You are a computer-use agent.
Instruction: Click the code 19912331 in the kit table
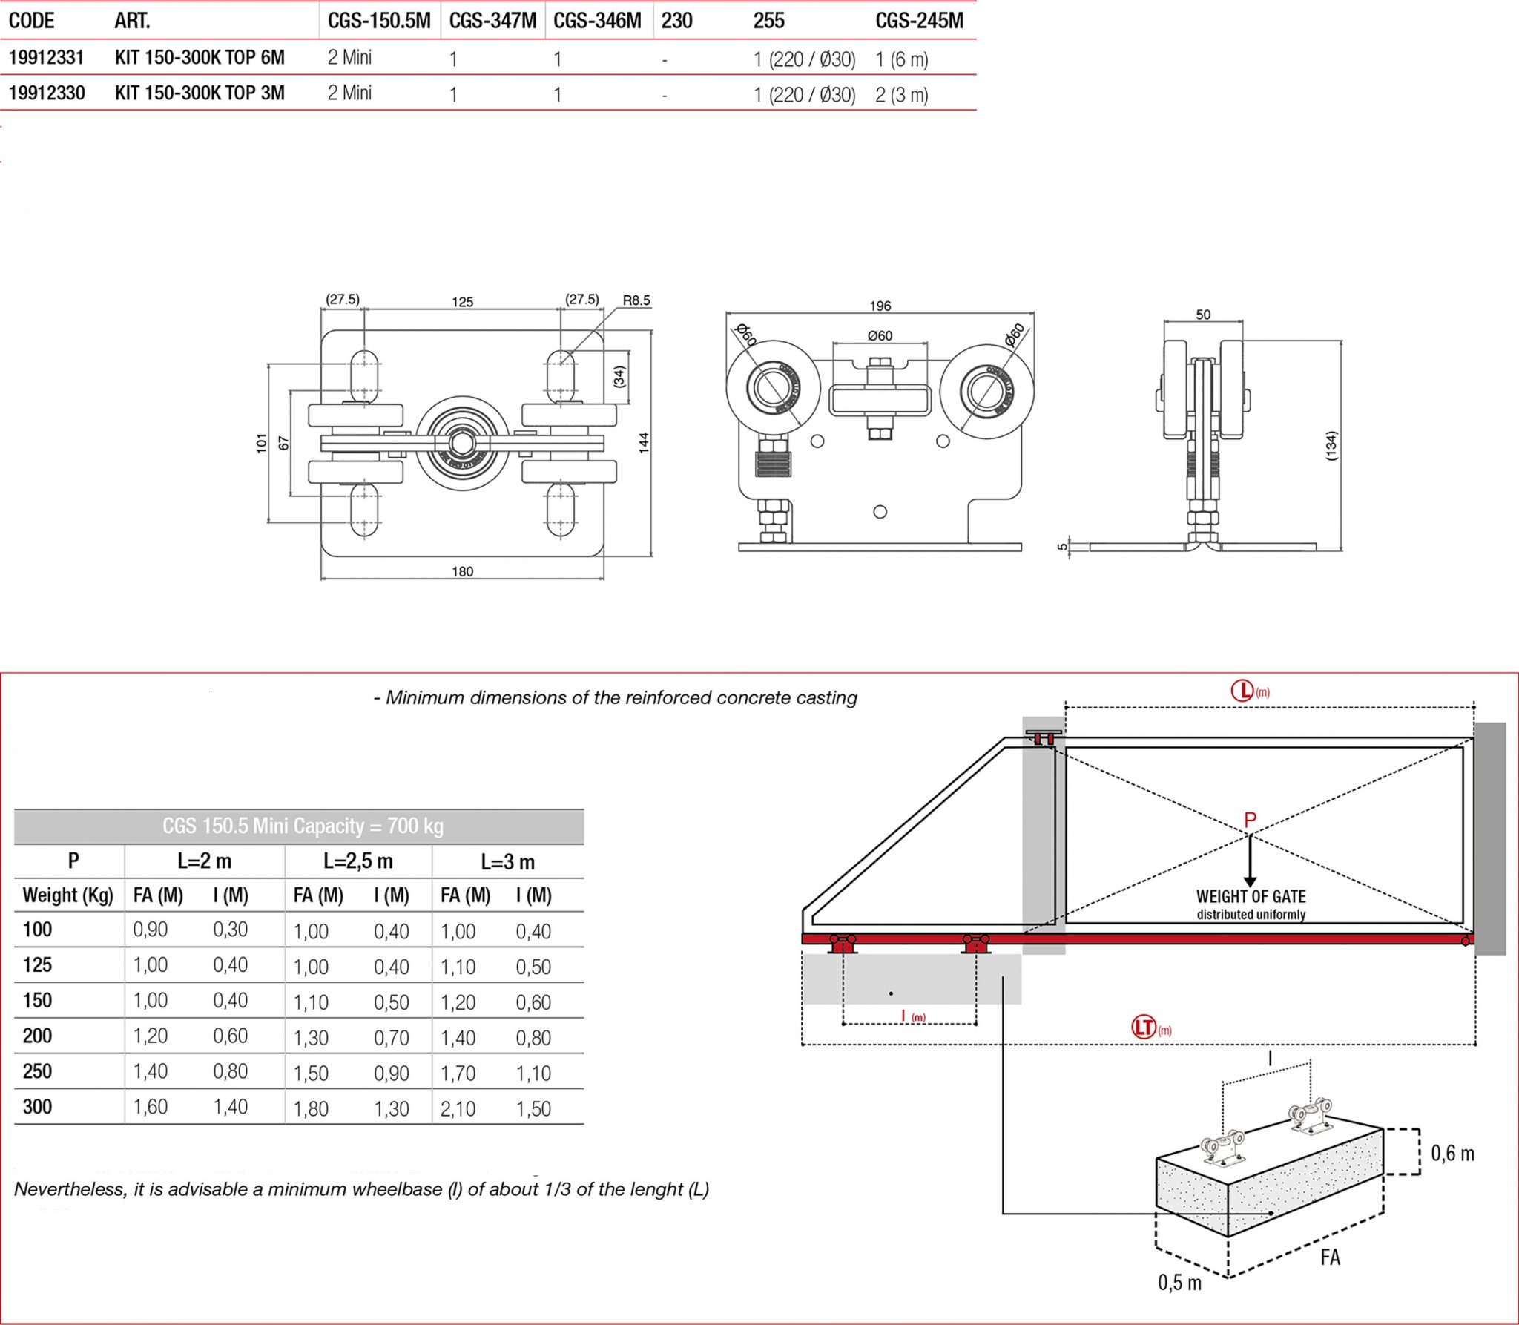[46, 58]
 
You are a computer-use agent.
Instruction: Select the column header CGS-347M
[492, 21]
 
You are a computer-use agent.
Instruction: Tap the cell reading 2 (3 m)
[901, 95]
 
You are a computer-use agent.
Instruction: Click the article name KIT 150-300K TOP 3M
[200, 93]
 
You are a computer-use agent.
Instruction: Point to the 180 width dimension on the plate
[462, 571]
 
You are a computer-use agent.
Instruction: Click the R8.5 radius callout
[636, 300]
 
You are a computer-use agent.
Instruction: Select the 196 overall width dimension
[880, 306]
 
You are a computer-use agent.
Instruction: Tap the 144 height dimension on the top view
[643, 443]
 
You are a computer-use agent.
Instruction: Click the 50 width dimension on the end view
[1203, 315]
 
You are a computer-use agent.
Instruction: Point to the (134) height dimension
[1331, 446]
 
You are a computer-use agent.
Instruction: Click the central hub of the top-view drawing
[462, 443]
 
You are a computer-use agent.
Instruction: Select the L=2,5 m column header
[357, 861]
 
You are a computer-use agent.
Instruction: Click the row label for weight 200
[37, 1036]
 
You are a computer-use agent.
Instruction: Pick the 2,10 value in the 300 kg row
[458, 1108]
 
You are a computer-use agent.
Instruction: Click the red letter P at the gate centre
[1250, 821]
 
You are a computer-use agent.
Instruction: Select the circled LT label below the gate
[1144, 1027]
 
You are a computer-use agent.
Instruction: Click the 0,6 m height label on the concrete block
[1452, 1153]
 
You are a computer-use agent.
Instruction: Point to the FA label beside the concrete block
[1330, 1257]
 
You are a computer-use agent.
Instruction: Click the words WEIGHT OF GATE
[1251, 896]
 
